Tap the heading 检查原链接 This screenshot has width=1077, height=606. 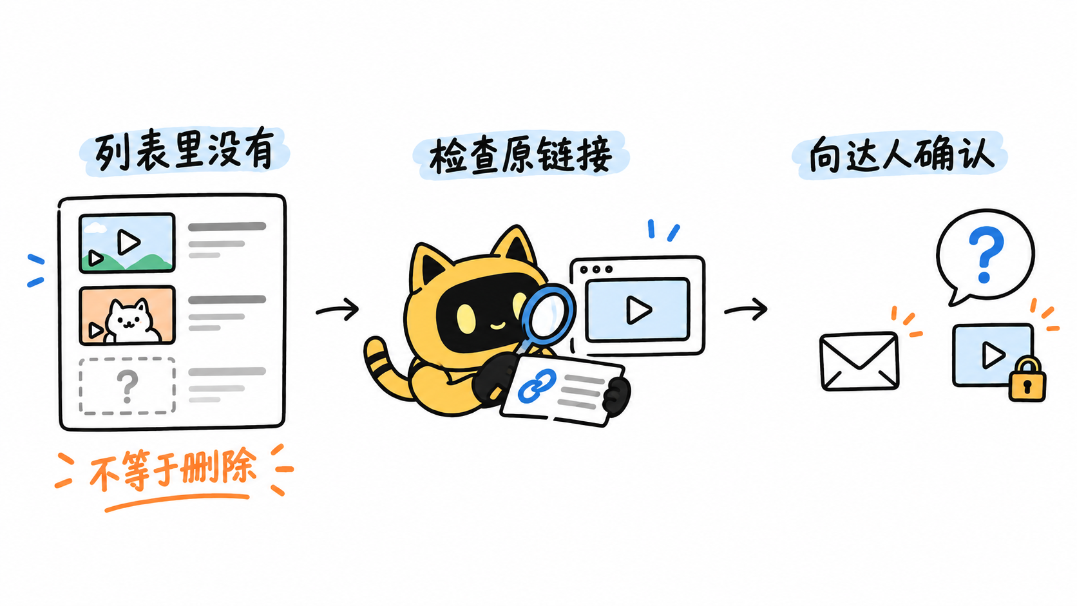[520, 155]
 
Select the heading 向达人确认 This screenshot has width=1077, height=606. [901, 155]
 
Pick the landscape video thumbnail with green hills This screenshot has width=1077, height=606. [127, 243]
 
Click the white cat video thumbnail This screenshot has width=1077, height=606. [127, 316]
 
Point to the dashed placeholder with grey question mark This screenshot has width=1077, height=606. [127, 386]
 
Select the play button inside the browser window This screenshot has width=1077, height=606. [638, 310]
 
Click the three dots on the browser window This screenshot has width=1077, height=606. [596, 269]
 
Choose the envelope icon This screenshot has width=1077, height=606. [859, 361]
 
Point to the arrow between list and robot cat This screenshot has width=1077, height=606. [338, 309]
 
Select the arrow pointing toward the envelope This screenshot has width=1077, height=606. [746, 309]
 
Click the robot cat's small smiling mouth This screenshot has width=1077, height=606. [497, 327]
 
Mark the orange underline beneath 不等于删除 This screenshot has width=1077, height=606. [177, 501]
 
